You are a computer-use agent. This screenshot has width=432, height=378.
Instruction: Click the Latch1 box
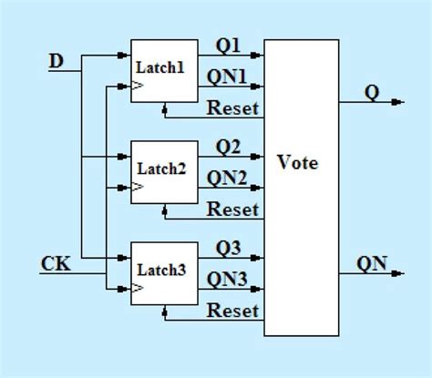tap(164, 71)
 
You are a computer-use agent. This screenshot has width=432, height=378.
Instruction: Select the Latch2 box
tap(164, 171)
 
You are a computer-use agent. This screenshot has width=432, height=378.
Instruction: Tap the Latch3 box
tap(164, 272)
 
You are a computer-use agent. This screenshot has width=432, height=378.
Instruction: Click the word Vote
tap(298, 163)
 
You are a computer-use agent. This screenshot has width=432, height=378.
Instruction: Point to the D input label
tap(57, 61)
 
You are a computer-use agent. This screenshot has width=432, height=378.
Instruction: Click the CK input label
tap(55, 263)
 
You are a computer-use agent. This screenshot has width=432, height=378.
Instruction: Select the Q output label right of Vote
tap(372, 92)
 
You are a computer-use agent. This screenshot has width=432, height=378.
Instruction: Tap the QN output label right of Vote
tap(372, 264)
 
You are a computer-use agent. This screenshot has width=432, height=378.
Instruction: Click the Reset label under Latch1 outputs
tap(233, 109)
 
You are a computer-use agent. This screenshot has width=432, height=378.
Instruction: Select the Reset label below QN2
tap(233, 209)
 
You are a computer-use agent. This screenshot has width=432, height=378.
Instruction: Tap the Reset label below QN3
tap(233, 311)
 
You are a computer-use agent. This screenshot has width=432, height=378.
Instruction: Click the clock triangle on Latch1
tap(138, 87)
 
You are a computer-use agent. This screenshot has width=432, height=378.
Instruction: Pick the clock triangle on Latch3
tap(138, 289)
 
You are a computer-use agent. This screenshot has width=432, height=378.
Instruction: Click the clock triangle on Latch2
tap(138, 189)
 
